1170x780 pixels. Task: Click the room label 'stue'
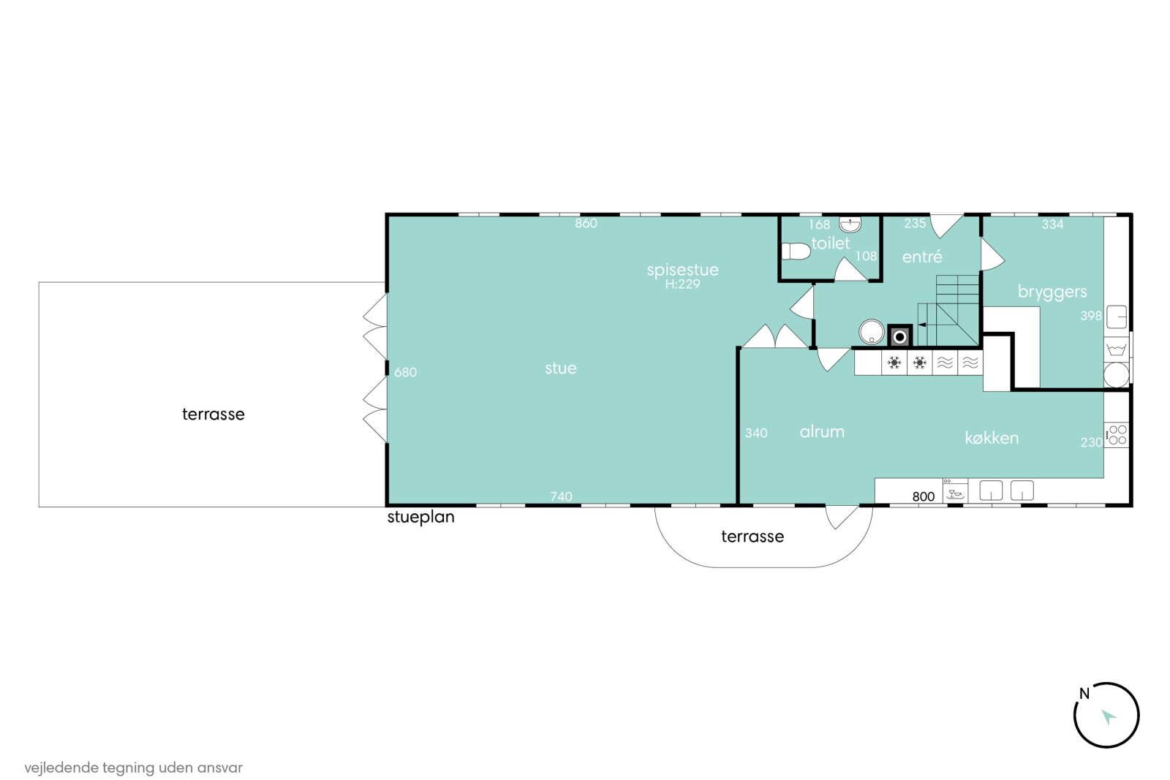pos(560,368)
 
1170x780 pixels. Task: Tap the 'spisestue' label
pos(683,270)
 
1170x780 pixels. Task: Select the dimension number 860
pos(586,224)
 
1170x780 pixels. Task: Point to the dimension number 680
pos(405,372)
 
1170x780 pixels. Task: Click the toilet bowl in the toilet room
pos(796,251)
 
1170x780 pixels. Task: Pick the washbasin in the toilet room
pos(850,224)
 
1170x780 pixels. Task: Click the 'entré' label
pos(922,257)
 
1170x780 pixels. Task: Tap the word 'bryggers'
pos(1052,292)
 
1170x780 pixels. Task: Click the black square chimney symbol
pos(899,337)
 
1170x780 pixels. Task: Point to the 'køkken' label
pos(992,438)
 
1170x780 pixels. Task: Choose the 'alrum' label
pos(822,432)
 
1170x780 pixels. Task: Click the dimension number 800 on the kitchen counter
pos(923,496)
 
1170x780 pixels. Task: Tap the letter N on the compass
pos(1084,693)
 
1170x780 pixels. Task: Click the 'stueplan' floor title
pos(420,518)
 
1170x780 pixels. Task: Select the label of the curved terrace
pos(752,537)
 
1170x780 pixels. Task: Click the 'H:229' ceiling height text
pos(682,284)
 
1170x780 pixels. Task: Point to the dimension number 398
pos(1091,316)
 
